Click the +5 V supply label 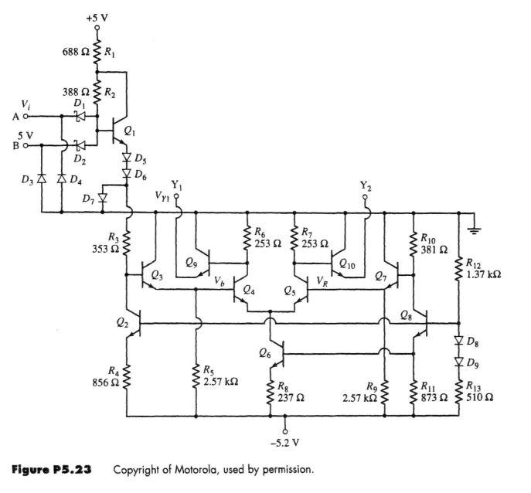click(x=97, y=16)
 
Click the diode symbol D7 click(x=102, y=199)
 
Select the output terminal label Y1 click(x=177, y=185)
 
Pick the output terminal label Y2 click(x=365, y=185)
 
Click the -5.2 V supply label click(x=285, y=444)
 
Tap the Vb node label click(x=220, y=281)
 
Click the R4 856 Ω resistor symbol click(x=128, y=379)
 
